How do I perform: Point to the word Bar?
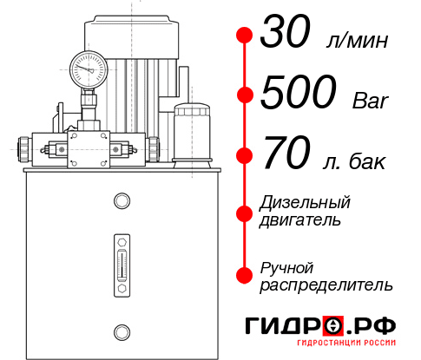point(371,101)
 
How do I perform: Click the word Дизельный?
point(305,202)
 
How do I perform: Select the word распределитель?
point(326,284)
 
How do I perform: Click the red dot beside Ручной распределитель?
point(244,275)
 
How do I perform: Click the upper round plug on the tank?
point(121,202)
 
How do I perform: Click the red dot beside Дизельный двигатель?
point(244,211)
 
